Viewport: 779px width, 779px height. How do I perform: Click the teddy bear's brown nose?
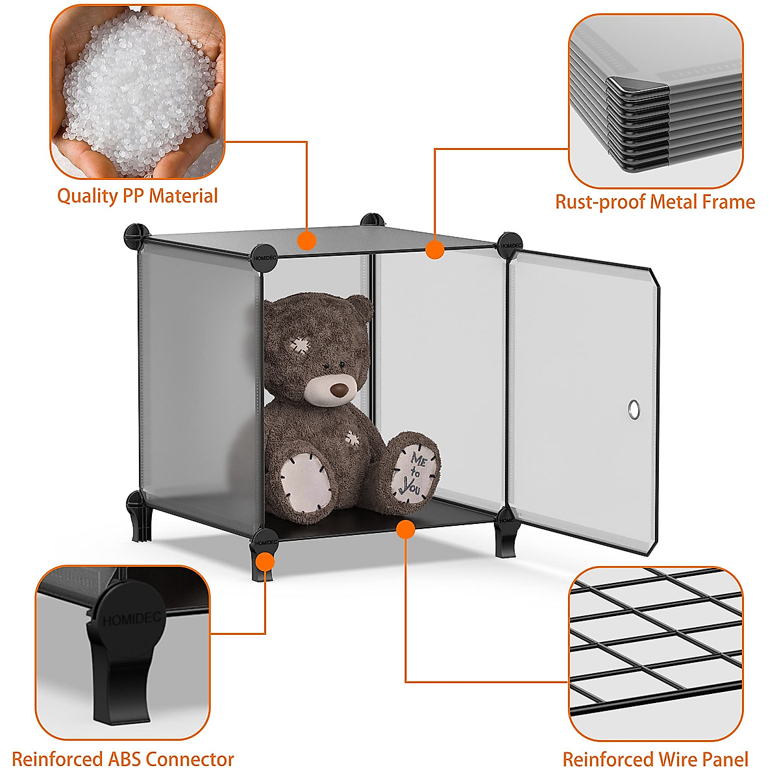click(x=339, y=389)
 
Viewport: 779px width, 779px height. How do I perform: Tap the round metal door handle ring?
click(x=633, y=410)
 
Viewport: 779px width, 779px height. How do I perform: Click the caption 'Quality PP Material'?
click(x=138, y=195)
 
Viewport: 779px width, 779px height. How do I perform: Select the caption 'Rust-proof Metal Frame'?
click(x=655, y=202)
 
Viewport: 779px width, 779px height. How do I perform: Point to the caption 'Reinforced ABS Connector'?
click(x=123, y=759)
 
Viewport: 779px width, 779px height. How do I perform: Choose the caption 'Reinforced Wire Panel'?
click(x=655, y=759)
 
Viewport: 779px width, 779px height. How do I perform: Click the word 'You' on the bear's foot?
click(x=410, y=485)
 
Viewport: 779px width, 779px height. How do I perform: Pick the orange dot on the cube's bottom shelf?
click(x=406, y=530)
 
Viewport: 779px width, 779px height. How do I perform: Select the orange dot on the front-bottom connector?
click(x=265, y=561)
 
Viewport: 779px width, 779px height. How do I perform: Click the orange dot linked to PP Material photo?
click(x=306, y=241)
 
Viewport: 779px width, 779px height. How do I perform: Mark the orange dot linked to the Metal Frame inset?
click(x=434, y=249)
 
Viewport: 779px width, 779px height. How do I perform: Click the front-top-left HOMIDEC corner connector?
click(x=264, y=254)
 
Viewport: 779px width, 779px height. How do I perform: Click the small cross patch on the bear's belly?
click(x=352, y=438)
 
